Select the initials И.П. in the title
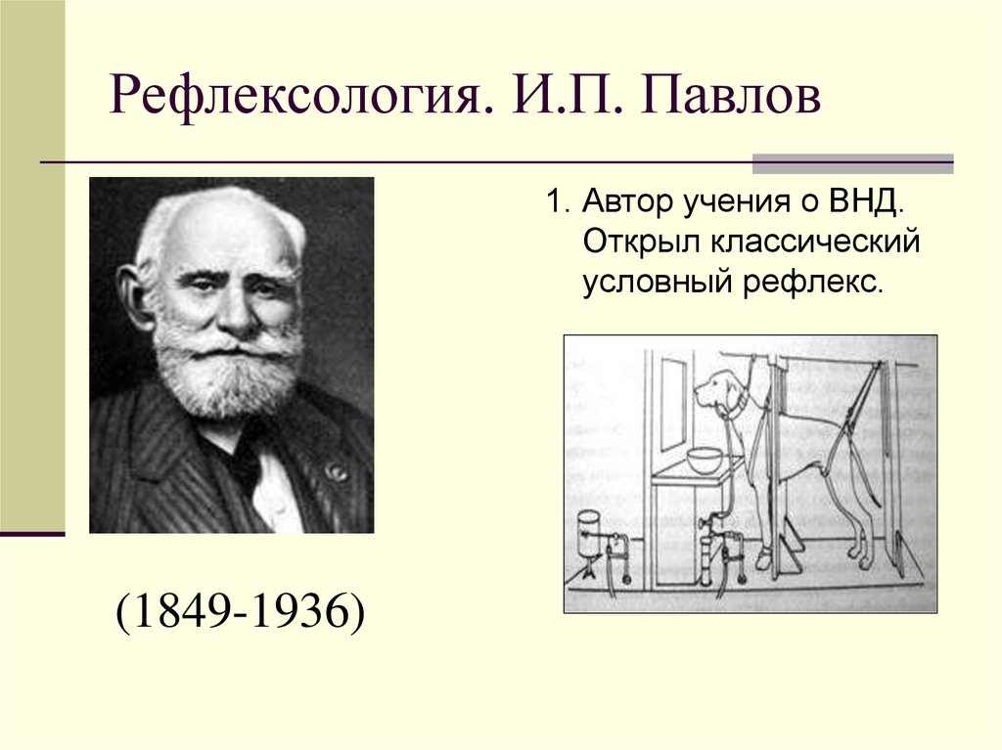pyautogui.click(x=559, y=100)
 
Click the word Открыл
pyautogui.click(x=640, y=243)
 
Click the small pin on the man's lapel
pyautogui.click(x=337, y=472)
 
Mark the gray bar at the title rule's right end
pyautogui.click(x=851, y=163)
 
